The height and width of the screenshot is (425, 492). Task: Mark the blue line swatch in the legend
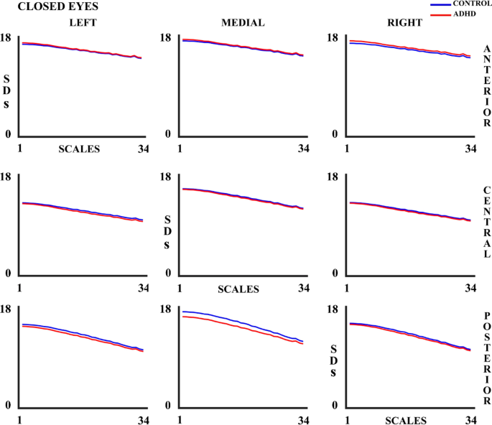[x=440, y=5]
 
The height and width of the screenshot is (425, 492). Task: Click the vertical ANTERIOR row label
[x=487, y=83]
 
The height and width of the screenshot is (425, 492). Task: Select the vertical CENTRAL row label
[x=487, y=222]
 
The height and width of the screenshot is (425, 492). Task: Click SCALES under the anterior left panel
[x=79, y=149]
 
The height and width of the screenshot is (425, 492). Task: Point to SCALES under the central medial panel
[x=238, y=289]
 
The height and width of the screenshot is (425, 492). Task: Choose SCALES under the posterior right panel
[x=406, y=420]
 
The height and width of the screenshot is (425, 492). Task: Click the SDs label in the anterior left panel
[x=7, y=90]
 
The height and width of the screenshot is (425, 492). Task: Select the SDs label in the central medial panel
[x=167, y=231]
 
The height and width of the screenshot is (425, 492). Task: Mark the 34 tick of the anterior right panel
[x=470, y=149]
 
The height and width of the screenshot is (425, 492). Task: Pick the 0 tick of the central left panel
[x=7, y=274]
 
